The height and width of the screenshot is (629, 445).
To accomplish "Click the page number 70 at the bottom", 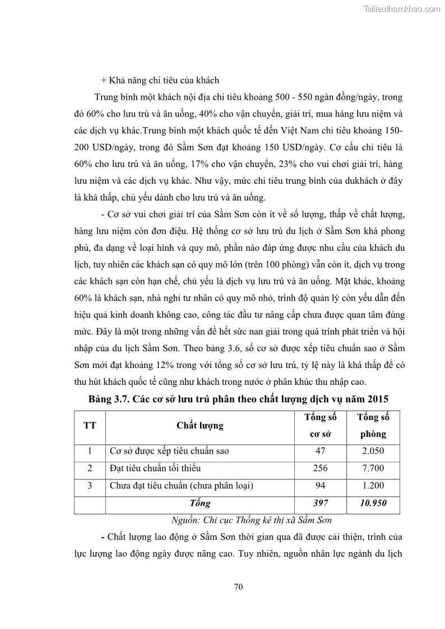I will coord(238,587).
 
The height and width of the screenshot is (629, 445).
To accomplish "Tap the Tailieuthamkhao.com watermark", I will coord(402,9).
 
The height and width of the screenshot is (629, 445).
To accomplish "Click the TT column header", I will coord(90,425).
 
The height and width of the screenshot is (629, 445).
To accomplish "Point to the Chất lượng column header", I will coord(200,425).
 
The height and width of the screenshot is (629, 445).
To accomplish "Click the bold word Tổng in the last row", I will coord(200,503).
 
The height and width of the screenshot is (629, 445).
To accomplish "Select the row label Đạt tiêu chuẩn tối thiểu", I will coord(155,468).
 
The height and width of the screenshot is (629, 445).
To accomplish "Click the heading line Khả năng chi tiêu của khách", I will coord(160,80).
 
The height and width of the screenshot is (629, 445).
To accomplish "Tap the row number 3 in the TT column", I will coord(90,486).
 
